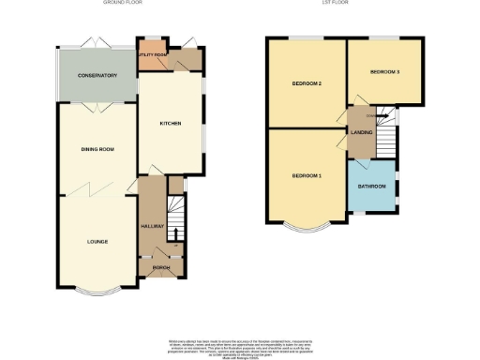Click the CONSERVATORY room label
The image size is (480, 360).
coord(97,75)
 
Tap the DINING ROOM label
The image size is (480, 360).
coord(97,149)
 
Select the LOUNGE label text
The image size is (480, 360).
coord(97,241)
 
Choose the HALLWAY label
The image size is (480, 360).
coord(153,226)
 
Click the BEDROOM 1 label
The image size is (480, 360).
coord(307,176)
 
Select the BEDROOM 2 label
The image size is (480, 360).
coord(307,84)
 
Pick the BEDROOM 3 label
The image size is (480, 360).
coord(384,72)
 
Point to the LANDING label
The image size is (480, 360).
coord(361,131)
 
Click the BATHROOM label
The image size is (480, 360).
coord(372,185)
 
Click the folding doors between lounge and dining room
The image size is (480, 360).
coord(97,191)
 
